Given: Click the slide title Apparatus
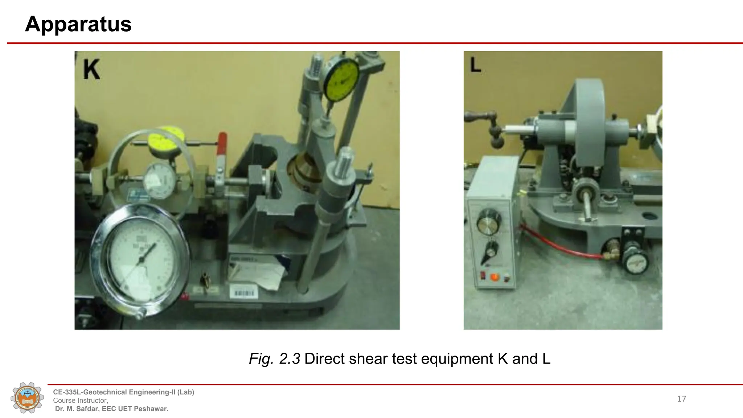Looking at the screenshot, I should [x=78, y=24].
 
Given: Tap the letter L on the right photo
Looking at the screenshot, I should [x=475, y=65].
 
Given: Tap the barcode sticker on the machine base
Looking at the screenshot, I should [x=244, y=292].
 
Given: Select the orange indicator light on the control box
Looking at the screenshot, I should [x=494, y=278].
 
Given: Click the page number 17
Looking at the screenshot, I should [x=681, y=399].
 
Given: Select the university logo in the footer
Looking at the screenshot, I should [x=28, y=398].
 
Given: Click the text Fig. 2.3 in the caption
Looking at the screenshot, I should [x=274, y=359].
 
